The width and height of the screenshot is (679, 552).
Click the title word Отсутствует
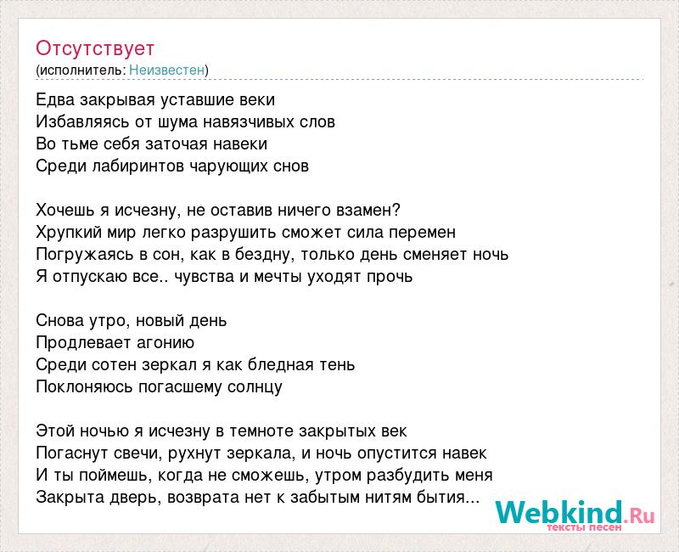95,48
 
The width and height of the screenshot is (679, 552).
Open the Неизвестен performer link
166,70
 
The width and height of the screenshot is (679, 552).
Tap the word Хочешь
66,210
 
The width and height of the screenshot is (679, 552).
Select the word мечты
278,277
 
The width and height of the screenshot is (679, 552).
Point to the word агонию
166,343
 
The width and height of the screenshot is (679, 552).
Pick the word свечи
138,453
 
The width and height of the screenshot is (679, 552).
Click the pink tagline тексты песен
584,527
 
